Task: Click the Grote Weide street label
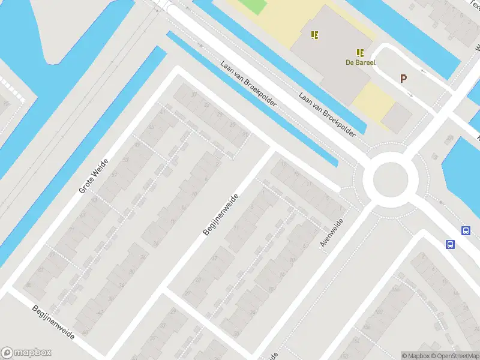(x=94, y=176)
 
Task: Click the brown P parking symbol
(x=404, y=79)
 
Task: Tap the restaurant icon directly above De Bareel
(x=360, y=53)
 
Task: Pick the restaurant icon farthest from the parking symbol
(x=314, y=35)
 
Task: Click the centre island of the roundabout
(x=391, y=179)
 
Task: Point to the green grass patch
(x=253, y=7)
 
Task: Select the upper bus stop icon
(x=466, y=230)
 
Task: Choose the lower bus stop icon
(x=450, y=244)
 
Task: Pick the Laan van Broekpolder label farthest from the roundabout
(x=248, y=83)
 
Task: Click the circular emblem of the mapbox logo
(x=8, y=353)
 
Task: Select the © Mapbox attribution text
(x=416, y=356)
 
